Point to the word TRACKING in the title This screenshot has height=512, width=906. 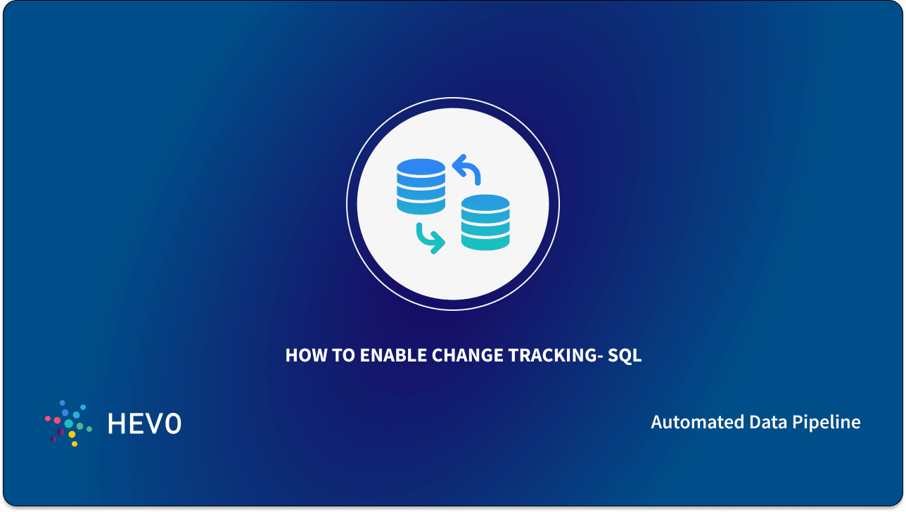point(556,356)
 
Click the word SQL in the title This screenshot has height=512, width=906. point(625,356)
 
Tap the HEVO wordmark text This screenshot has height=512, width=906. point(144,423)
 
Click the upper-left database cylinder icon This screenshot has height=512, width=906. point(421,186)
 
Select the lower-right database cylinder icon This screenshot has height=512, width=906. point(485,222)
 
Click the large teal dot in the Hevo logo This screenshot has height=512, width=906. point(69,424)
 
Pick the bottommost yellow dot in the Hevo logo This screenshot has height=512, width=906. point(75,444)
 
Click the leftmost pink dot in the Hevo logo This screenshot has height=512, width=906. point(48,418)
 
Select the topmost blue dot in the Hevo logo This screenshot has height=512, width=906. point(62,403)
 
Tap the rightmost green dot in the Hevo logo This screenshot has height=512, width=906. point(89,428)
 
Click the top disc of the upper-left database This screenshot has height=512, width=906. point(421,167)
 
